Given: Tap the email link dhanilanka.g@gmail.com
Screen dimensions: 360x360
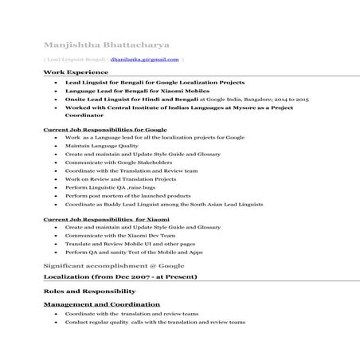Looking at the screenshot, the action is [x=145, y=59].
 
